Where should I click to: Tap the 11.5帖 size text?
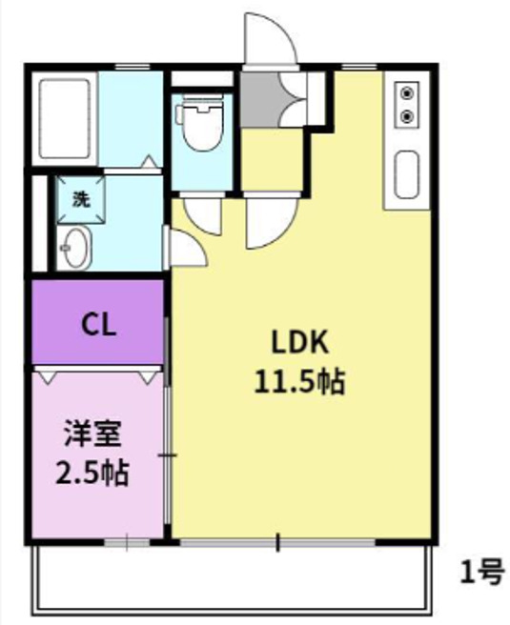pyautogui.click(x=298, y=382)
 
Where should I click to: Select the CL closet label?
pyautogui.click(x=98, y=326)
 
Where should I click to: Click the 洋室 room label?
pyautogui.click(x=92, y=433)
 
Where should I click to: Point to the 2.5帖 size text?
pyautogui.click(x=92, y=472)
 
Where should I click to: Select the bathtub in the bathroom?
pyautogui.click(x=65, y=119)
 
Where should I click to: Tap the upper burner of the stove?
pyautogui.click(x=409, y=93)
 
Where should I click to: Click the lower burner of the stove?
pyautogui.click(x=409, y=115)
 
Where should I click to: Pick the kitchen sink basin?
pyautogui.click(x=408, y=175)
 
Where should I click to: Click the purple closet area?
pyautogui.click(x=98, y=324)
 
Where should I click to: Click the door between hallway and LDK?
pyautogui.click(x=268, y=221)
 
